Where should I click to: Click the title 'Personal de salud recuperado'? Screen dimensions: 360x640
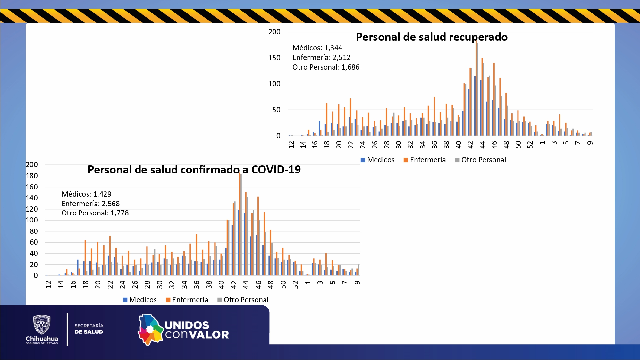point(432,37)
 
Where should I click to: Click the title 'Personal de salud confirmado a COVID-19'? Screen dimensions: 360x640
point(194,170)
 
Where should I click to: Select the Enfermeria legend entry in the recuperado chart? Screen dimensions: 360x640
point(425,160)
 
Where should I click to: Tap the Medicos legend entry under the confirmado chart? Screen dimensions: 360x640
point(140,300)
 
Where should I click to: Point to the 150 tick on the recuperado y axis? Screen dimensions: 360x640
point(274,58)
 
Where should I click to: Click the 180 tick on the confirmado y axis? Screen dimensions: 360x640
point(32,176)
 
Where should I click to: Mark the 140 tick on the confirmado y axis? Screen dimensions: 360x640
point(32,198)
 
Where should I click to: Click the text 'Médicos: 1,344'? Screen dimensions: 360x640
point(317,48)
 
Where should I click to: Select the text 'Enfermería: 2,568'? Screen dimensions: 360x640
point(90,204)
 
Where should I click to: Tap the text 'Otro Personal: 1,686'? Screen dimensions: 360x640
point(326,67)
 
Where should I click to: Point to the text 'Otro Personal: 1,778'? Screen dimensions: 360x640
point(95,213)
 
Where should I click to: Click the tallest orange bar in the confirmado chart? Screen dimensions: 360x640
point(240,224)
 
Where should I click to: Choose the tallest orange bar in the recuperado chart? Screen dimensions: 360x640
point(476,90)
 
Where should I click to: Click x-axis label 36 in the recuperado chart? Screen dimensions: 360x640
point(434,145)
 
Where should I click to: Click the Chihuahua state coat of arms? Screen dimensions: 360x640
point(42,325)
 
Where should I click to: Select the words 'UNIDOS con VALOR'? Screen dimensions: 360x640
point(197,330)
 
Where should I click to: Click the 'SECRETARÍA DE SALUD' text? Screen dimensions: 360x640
point(89,329)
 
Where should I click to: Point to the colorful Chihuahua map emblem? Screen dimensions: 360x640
point(150,330)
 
